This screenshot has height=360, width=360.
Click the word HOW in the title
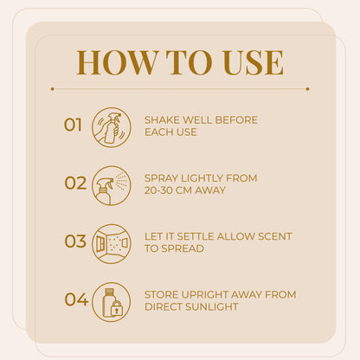(115, 62)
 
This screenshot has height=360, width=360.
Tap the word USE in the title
(253, 62)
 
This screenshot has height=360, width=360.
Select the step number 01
(73, 125)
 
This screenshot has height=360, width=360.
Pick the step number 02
(75, 183)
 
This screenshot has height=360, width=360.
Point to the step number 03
(75, 241)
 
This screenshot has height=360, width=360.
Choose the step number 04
(76, 299)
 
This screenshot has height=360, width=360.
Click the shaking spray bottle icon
(112, 127)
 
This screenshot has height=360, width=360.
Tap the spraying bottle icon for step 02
(112, 185)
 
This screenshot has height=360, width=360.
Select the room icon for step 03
(112, 244)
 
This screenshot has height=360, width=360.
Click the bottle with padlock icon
(112, 302)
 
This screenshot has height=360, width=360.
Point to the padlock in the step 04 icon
(116, 308)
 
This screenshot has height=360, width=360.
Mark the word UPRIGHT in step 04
(203, 295)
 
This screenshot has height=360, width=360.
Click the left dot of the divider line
(53, 89)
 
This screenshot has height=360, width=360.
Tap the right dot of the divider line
(307, 89)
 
